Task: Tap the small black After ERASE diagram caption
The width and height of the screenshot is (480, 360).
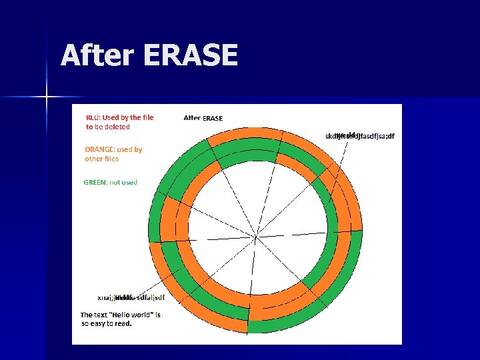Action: [203, 118]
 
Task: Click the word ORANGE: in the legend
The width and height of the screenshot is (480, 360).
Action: [99, 150]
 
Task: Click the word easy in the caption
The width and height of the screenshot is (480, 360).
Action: [101, 323]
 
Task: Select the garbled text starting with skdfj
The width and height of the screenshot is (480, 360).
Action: [359, 136]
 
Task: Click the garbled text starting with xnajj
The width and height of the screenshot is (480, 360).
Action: [131, 297]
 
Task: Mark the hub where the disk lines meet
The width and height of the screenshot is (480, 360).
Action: [257, 236]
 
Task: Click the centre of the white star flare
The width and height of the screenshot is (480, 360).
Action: [47, 97]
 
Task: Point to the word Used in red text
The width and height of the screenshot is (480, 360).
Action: [111, 117]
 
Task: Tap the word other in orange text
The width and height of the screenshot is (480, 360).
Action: [93, 159]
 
